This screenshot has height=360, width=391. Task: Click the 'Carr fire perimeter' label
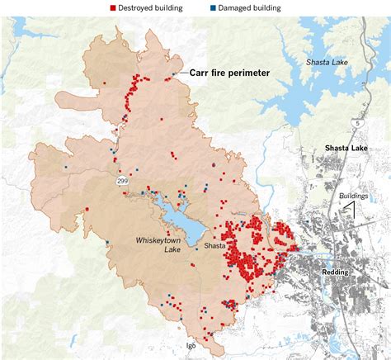230,73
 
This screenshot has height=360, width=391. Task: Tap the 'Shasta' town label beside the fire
217,246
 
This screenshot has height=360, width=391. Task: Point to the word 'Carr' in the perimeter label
200,73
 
